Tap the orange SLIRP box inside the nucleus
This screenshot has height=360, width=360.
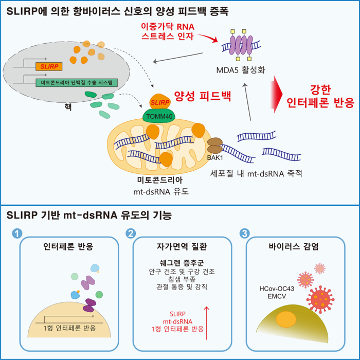point(49,66)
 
